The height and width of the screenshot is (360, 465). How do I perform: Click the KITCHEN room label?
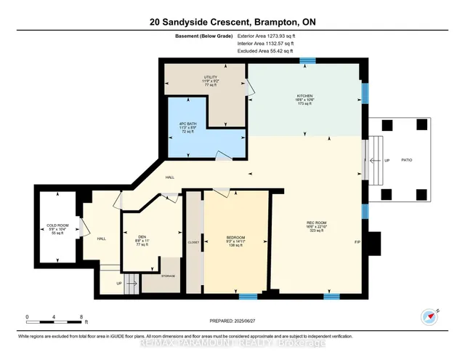[304, 95]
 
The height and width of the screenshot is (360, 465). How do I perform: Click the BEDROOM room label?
[235, 238]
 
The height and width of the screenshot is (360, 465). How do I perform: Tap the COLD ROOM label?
[57, 224]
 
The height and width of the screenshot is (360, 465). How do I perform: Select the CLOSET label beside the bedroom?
[193, 242]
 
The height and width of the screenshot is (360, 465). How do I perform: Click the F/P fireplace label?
[357, 241]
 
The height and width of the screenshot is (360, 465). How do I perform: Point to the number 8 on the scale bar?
[81, 316]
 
